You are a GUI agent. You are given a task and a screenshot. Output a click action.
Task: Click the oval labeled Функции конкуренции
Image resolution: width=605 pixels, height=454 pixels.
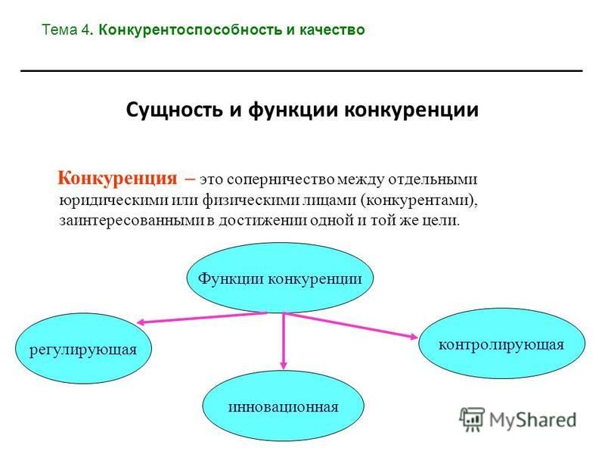[280, 278]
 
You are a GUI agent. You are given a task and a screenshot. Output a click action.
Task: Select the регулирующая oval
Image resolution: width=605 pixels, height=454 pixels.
[83, 349]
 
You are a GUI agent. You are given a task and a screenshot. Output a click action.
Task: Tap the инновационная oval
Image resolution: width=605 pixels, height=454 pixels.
[283, 406]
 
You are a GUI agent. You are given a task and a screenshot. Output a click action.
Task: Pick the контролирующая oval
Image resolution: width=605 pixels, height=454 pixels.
[501, 344]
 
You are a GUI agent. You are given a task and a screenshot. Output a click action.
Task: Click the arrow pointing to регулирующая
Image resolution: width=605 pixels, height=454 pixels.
[202, 318]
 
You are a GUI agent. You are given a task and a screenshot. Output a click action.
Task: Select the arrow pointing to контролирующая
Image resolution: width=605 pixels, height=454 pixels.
[352, 326]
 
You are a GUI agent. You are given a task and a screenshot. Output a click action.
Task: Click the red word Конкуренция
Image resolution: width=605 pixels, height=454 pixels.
[117, 179]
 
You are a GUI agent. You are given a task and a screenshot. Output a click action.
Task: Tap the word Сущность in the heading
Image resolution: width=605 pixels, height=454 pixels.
[175, 110]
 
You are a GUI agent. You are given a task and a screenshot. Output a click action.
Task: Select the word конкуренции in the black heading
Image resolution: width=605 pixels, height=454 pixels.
[411, 110]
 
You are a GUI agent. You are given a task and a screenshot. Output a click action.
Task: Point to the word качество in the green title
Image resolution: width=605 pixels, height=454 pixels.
[332, 30]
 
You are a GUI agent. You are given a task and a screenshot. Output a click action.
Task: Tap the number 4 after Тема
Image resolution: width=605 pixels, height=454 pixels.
[85, 30]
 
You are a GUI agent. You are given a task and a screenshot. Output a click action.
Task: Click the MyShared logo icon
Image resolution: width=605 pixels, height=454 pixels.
[472, 419]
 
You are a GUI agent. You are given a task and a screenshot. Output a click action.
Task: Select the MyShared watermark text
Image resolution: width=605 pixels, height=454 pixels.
[532, 420]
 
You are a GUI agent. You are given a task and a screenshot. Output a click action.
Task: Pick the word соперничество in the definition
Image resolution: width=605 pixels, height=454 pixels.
[281, 180]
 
